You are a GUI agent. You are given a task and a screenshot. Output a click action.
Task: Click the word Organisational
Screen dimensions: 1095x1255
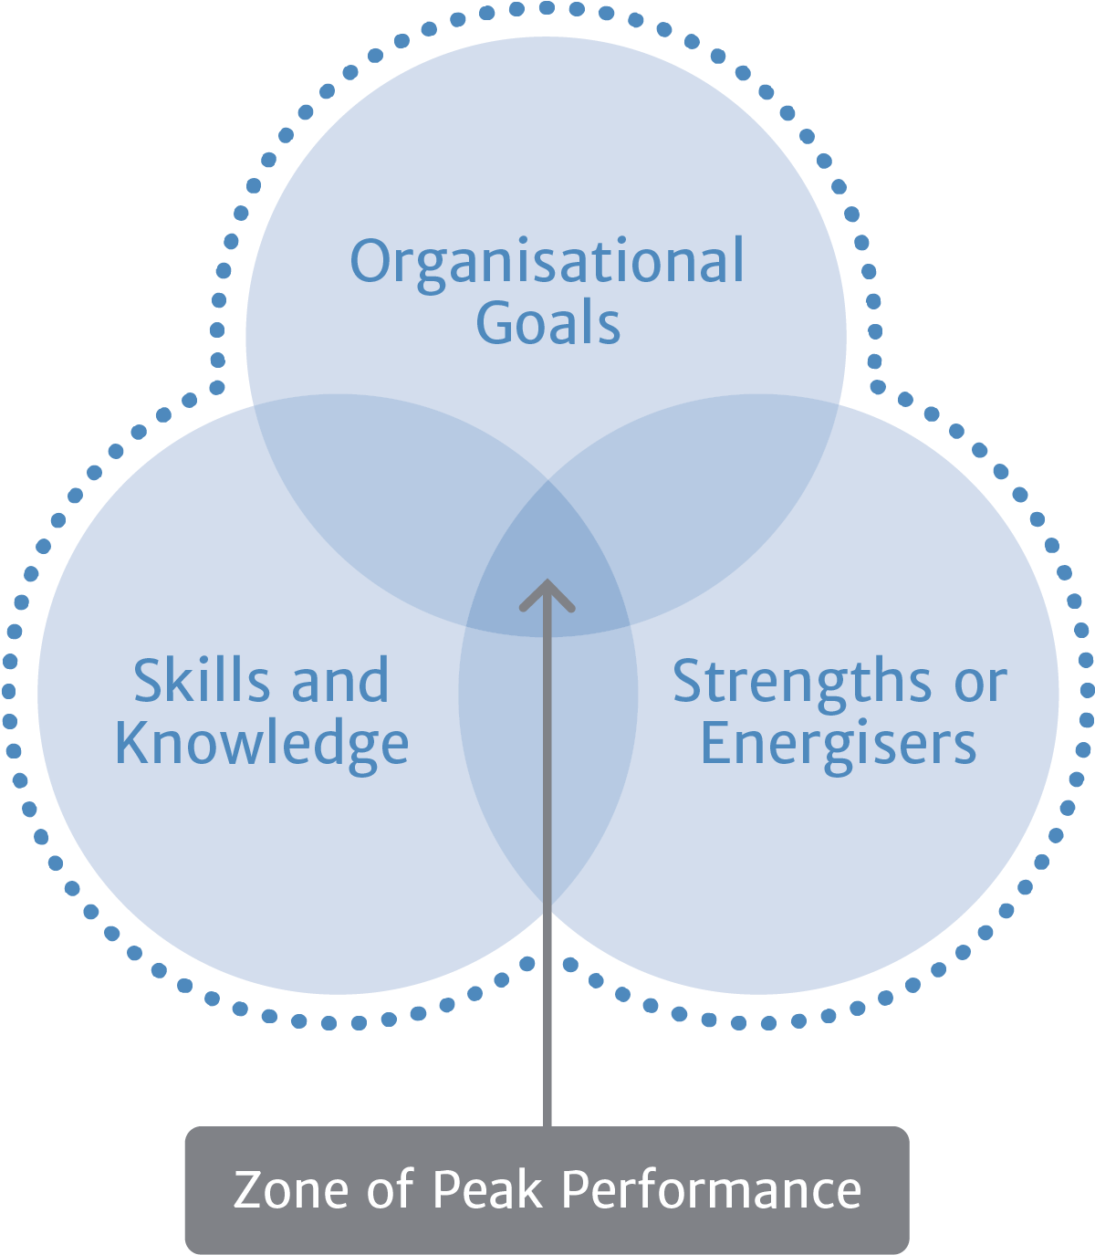coord(547,264)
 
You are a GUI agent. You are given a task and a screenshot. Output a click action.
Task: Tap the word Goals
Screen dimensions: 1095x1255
coord(548,322)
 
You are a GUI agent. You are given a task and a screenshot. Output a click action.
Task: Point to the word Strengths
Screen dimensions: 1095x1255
coord(802,682)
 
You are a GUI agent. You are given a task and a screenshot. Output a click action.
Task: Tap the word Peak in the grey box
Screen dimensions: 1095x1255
coord(487,1189)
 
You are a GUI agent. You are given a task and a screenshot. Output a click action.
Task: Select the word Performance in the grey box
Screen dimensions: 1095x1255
coord(711,1190)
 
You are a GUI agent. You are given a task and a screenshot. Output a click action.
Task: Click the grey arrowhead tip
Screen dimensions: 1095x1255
coord(547,580)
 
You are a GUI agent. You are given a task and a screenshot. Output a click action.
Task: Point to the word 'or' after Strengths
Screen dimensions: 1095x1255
coord(981,685)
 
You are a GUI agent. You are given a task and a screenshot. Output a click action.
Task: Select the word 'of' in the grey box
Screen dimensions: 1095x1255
coord(391,1188)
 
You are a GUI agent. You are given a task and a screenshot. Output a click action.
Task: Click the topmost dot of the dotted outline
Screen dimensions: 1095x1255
coord(547,8)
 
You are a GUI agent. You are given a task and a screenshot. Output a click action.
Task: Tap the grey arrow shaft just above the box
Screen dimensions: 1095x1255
coord(547,1104)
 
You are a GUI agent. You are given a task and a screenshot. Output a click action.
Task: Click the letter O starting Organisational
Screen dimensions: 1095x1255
coord(370,261)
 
